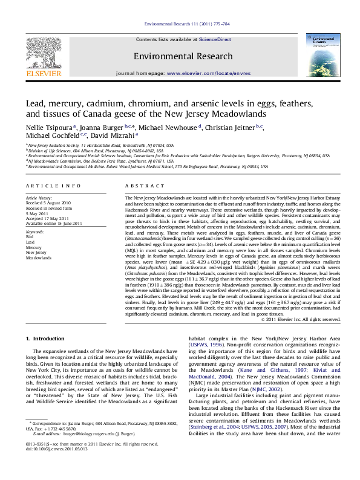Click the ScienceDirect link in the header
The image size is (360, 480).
click(x=216, y=39)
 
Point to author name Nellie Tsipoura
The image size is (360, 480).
click(x=48, y=128)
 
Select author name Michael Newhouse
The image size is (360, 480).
click(x=168, y=128)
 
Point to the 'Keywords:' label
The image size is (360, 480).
click(x=35, y=232)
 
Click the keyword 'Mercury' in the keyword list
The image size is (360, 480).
click(x=34, y=247)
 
